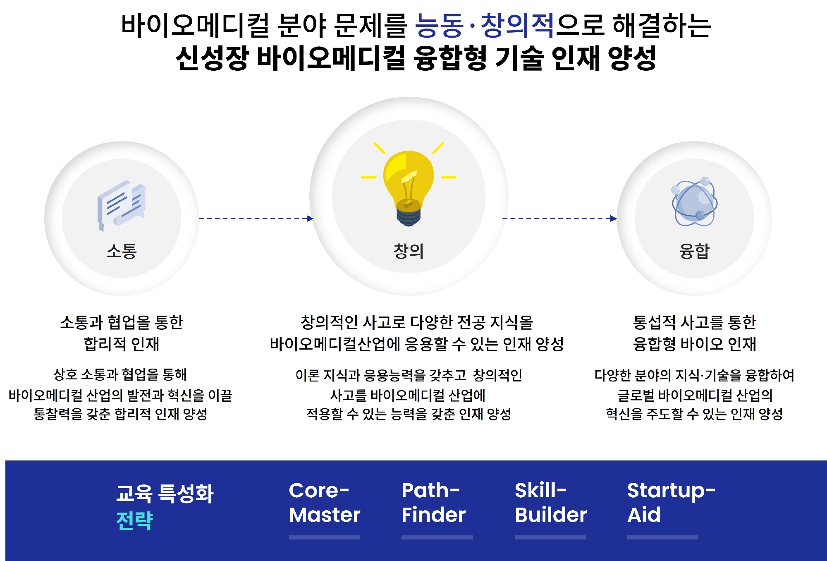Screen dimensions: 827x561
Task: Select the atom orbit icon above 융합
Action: [x=695, y=202]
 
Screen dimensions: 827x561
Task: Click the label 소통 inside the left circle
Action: [x=122, y=251]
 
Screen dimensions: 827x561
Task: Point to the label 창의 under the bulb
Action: [x=409, y=251]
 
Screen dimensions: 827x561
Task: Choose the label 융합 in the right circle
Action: [x=695, y=251]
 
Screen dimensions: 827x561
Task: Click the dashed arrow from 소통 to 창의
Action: [x=256, y=218]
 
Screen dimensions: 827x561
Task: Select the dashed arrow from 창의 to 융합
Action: [x=559, y=218]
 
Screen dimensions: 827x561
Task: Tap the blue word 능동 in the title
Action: [x=439, y=26]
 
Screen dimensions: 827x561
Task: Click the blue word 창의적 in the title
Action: [x=517, y=26]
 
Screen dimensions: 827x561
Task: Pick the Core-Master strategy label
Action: [x=325, y=503]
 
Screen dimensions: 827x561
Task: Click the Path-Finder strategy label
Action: [x=433, y=503]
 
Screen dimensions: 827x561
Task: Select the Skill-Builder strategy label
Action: [x=551, y=503]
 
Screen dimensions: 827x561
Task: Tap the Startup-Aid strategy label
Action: [x=671, y=503]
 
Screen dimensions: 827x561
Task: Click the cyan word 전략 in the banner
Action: [x=135, y=520]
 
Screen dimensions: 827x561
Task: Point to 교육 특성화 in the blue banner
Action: [x=165, y=493]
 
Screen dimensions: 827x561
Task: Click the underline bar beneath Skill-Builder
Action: [x=550, y=537]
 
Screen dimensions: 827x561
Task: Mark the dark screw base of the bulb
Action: [x=409, y=216]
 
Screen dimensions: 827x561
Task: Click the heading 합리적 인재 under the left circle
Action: [x=122, y=344]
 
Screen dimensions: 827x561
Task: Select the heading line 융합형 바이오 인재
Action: [x=695, y=344]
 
